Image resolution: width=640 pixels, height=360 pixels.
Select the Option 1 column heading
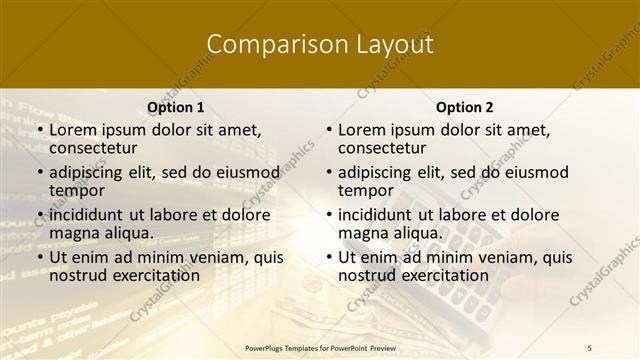click(x=176, y=107)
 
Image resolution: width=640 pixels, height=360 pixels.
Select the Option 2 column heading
click(x=465, y=107)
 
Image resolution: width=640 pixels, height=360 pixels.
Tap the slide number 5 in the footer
click(x=590, y=347)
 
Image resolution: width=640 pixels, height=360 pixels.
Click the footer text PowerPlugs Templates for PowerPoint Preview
click(x=320, y=347)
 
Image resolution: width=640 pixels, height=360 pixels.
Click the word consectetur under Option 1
click(x=96, y=148)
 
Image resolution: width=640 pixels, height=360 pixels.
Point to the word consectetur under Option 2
click(x=385, y=148)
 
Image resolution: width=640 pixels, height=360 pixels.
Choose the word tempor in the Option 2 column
click(x=363, y=191)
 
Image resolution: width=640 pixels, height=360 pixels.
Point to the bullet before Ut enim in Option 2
click(x=329, y=257)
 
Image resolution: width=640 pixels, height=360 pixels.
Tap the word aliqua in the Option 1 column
click(x=129, y=233)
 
